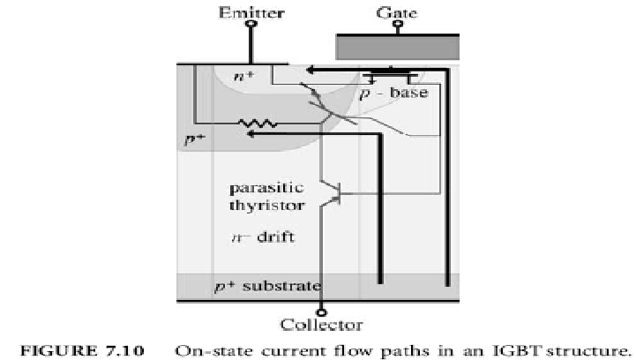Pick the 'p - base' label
[x=395, y=94]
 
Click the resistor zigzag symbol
[x=265, y=123]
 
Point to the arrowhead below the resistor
[x=252, y=134]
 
